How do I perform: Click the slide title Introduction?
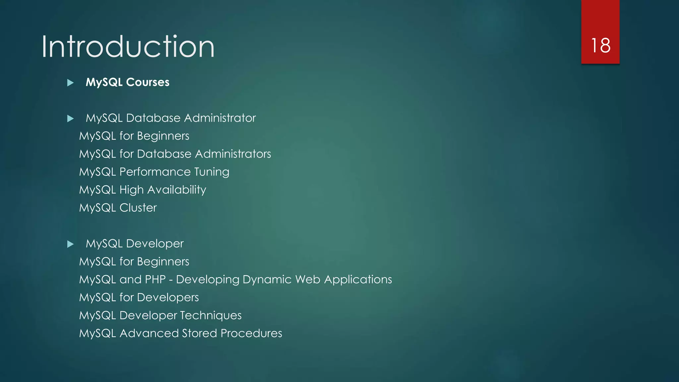(128, 47)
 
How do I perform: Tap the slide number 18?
(600, 45)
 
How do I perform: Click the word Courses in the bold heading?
(148, 82)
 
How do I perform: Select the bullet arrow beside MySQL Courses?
(70, 83)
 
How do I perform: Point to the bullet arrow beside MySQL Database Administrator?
(70, 118)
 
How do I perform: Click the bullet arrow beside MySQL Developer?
(70, 244)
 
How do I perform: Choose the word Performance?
(155, 172)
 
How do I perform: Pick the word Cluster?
(138, 208)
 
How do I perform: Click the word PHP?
(155, 280)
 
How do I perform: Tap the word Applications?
(358, 280)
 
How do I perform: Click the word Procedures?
(251, 333)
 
